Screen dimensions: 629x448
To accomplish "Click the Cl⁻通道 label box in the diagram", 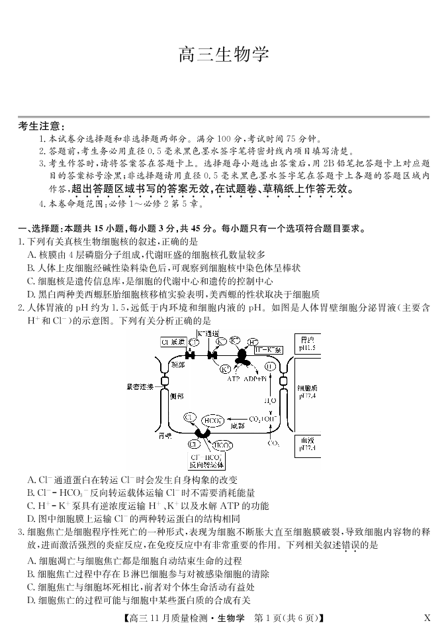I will (x=173, y=342).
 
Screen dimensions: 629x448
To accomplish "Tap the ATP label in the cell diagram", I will (x=233, y=378).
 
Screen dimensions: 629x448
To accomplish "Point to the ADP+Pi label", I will (x=255, y=378).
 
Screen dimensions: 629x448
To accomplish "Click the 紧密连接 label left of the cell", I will (x=140, y=386).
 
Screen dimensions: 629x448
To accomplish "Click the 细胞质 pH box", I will (x=307, y=391).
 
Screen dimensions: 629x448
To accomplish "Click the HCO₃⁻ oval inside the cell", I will (x=212, y=420).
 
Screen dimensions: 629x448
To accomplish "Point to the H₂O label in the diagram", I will (x=271, y=401).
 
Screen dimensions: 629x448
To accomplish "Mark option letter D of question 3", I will (x=32, y=600).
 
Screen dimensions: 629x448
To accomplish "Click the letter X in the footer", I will (x=427, y=618).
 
